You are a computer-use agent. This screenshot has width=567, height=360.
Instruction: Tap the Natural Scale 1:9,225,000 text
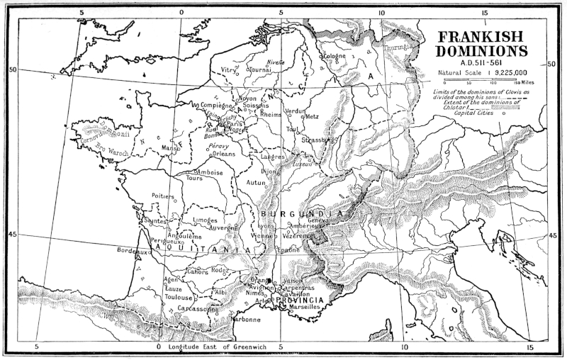[481, 72]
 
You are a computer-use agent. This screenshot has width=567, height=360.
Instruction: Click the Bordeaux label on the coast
[134, 251]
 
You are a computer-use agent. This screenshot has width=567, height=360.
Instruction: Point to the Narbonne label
[245, 319]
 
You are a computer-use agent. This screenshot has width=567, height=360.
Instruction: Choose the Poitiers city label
[163, 196]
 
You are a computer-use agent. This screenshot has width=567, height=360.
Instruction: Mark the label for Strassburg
[316, 140]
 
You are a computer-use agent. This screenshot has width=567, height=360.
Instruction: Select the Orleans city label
[223, 153]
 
